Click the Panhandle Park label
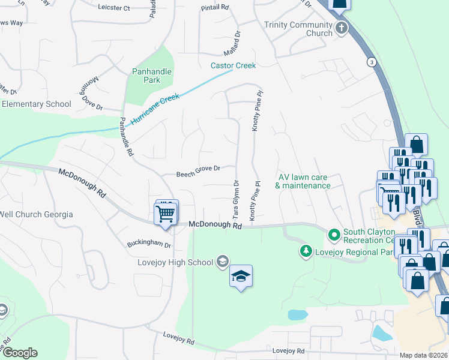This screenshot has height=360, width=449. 151,76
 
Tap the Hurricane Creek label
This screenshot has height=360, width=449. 155,109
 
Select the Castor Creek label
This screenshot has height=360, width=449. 233,65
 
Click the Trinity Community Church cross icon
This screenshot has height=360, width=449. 342,28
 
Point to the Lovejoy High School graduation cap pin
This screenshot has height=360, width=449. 241,277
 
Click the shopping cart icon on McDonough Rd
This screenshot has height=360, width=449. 166,212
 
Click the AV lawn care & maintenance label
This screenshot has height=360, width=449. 303,181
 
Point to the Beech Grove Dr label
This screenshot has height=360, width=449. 198,175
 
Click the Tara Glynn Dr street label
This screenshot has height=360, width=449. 236,200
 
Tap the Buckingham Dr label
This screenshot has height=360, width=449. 149,245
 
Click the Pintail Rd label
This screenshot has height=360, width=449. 216,7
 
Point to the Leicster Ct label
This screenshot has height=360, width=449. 113,8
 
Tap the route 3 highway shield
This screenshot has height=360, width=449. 372,62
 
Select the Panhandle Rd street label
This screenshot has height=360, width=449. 125,136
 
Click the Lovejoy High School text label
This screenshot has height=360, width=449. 175,262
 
